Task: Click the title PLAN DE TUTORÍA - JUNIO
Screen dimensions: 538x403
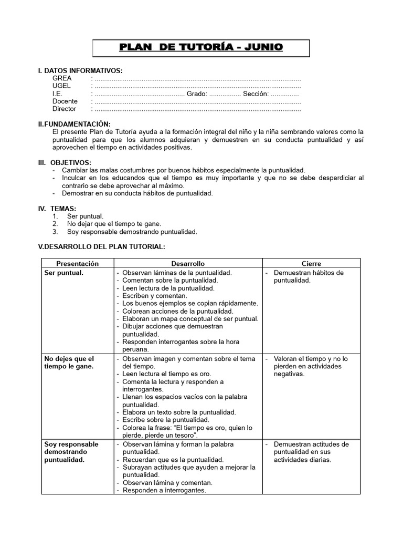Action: pos(201,47)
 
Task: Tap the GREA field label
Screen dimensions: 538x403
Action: pos(62,78)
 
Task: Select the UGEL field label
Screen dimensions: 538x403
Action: pos(61,86)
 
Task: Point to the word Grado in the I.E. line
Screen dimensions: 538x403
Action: pos(196,94)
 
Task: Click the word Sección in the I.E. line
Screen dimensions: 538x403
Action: pos(256,94)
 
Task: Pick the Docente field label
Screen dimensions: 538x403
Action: pos(65,101)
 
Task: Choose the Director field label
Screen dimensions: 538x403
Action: pos(64,109)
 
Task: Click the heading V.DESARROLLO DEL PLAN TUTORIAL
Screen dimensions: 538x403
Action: pos(102,246)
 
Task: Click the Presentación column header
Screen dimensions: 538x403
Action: pos(77,264)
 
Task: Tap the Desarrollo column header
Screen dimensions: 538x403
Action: pos(188,264)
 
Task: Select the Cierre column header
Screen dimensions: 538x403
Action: pos(311,264)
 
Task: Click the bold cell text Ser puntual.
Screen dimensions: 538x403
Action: pos(63,273)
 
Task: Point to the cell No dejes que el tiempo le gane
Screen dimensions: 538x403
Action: pos(69,362)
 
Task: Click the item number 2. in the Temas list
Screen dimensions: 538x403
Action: pos(55,224)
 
